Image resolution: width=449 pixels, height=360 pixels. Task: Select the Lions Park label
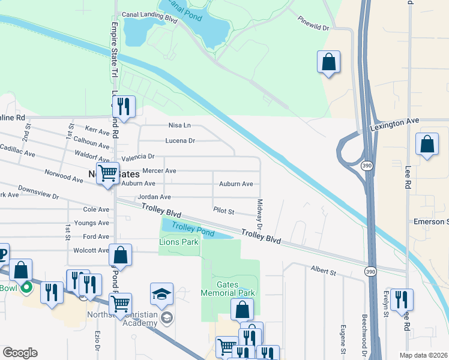[178, 242]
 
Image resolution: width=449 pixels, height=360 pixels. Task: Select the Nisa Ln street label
[179, 125]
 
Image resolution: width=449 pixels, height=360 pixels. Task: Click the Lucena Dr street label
[180, 141]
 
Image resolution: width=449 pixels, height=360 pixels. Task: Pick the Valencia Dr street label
[137, 157]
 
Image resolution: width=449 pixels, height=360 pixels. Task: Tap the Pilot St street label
[223, 211]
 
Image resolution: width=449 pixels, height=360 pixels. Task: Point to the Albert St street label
[323, 271]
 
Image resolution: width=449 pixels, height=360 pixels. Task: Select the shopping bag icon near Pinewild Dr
[328, 62]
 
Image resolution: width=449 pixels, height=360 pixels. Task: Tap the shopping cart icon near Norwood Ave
[108, 173]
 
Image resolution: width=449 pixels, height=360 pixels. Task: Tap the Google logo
[20, 353]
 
